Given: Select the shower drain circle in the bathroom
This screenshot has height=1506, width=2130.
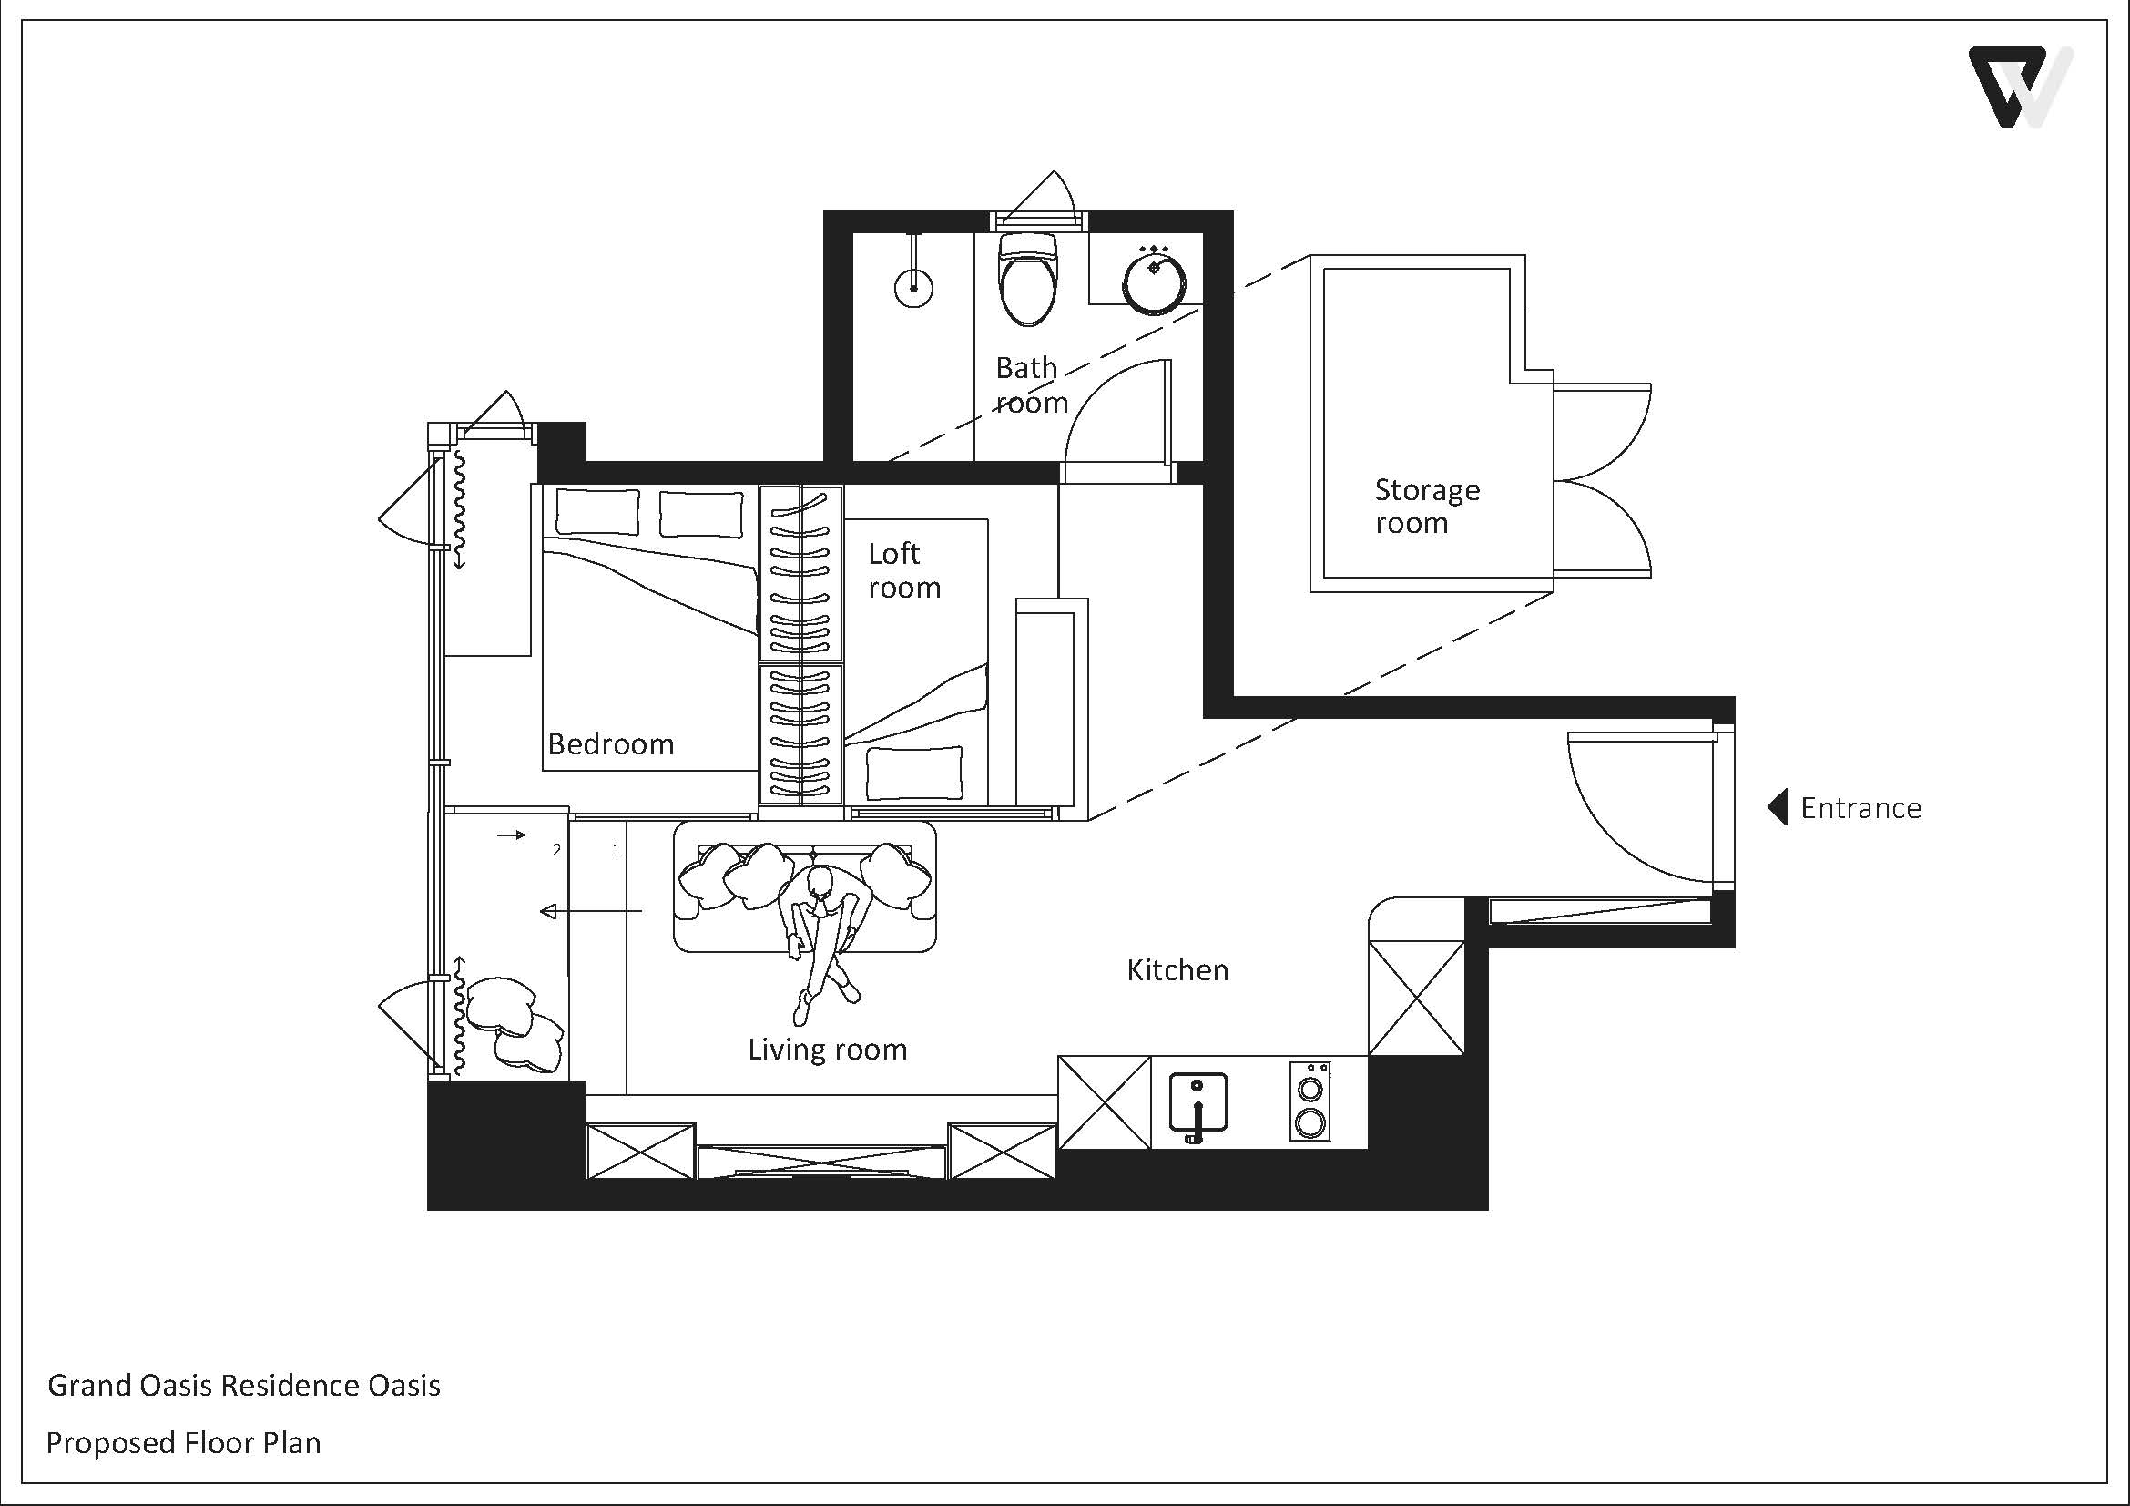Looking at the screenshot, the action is (913, 288).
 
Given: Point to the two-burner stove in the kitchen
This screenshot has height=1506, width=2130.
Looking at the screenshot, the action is (1310, 1101).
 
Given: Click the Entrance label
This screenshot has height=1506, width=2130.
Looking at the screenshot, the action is (1860, 808).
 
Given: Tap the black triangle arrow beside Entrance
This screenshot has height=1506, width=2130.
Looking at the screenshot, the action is (1778, 807).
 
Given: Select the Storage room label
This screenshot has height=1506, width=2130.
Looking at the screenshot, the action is (1427, 507).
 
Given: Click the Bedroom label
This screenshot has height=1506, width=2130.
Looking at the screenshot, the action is (610, 744).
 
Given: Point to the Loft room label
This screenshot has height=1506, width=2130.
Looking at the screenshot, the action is (904, 570).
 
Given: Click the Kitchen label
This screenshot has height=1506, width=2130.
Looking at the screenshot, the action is (1177, 970).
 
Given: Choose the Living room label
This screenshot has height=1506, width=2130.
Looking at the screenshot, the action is (828, 1050).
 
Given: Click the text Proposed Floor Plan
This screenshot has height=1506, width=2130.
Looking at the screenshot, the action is (184, 1443).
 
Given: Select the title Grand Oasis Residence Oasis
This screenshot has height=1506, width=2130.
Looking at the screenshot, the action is (244, 1386).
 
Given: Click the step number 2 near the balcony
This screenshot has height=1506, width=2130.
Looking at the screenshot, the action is (556, 850).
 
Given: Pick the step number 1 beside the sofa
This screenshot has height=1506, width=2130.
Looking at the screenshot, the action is (616, 850).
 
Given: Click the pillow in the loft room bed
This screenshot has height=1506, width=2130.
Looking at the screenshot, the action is (913, 773).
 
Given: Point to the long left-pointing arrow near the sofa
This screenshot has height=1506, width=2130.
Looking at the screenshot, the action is (591, 912).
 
